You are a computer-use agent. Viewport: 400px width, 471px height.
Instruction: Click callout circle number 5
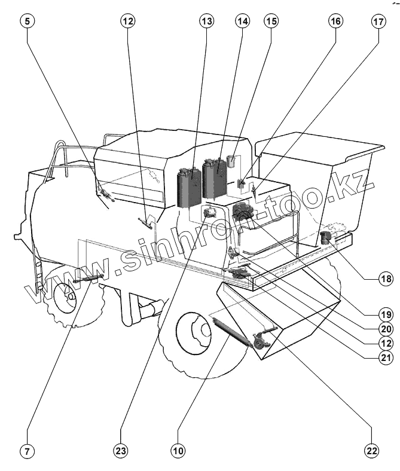coord(28,22)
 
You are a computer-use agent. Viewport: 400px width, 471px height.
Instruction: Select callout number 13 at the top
coord(206,22)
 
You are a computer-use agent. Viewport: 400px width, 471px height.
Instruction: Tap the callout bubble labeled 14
coord(242,22)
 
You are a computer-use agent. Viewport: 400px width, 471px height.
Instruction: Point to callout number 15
coord(271,22)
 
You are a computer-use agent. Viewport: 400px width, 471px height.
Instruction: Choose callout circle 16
coord(334,22)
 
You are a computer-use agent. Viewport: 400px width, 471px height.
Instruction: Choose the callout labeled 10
coord(177,451)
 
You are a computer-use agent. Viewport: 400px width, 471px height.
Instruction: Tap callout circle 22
coord(372,451)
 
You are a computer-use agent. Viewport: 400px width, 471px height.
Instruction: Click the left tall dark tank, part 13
coord(190,188)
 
